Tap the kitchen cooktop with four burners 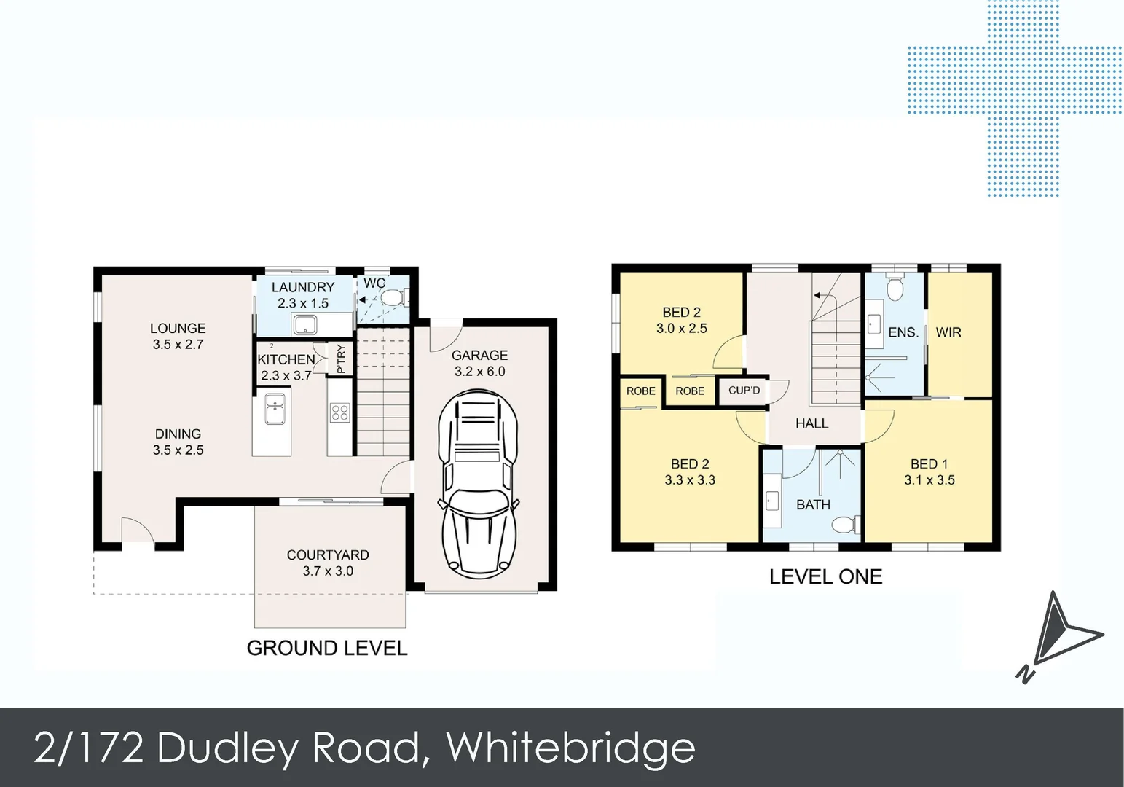click(x=339, y=413)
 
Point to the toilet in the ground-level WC click(x=394, y=298)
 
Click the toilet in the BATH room click(x=846, y=525)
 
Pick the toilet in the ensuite click(x=895, y=289)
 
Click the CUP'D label click(x=744, y=391)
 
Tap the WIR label click(x=948, y=332)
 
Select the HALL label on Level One click(x=811, y=423)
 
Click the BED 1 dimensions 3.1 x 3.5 click(x=929, y=480)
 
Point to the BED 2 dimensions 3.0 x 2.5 click(x=681, y=329)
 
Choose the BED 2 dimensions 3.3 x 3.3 click(x=689, y=480)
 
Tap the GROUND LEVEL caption click(x=326, y=648)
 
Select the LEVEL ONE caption click(x=825, y=577)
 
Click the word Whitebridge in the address click(x=570, y=748)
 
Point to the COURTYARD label click(x=328, y=555)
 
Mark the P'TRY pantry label click(x=341, y=359)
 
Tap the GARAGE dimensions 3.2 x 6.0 click(x=479, y=372)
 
